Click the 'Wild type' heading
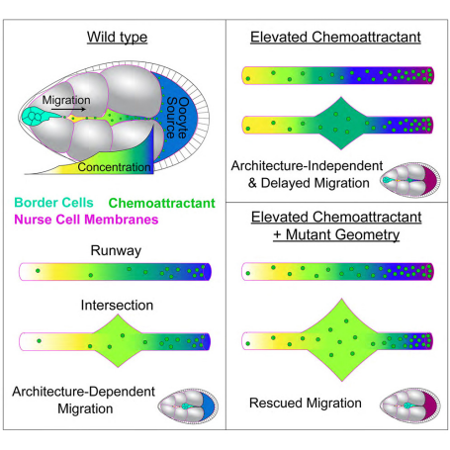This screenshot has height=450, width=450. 117,37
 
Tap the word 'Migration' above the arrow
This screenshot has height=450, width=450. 66,100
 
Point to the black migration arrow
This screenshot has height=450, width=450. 68,109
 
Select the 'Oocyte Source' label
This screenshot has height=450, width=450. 177,118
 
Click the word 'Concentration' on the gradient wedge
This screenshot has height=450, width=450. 114,167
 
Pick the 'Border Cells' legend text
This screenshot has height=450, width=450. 53,203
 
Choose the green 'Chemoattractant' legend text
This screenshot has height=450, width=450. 162,203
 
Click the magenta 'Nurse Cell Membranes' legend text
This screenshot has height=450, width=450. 86,220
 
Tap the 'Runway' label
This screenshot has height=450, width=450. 116,250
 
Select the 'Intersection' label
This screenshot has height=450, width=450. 117,306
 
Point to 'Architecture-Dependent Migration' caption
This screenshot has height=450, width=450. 84,400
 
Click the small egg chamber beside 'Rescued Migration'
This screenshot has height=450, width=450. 410,405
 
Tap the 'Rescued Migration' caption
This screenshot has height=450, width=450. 306,403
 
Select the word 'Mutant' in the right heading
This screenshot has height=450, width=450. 309,234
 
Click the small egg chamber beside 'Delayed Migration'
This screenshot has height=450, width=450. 410,180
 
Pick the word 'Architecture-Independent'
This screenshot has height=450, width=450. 307,166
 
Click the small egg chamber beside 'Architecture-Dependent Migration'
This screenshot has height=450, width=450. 188,406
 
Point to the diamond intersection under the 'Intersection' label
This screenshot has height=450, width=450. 118,341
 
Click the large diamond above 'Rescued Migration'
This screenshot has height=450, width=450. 341,340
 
